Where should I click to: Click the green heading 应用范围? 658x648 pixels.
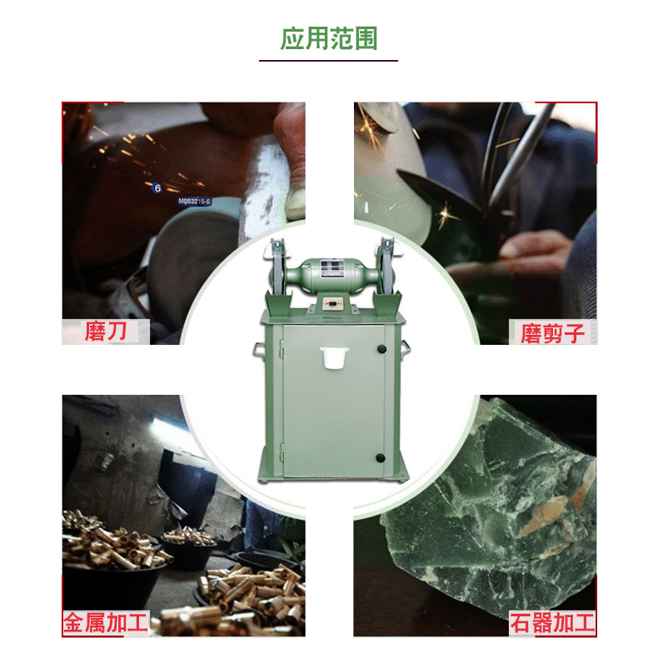[328, 38]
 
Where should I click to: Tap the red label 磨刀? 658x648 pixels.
[106, 331]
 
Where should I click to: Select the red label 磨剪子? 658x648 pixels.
[552, 333]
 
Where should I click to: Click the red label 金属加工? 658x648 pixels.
[106, 623]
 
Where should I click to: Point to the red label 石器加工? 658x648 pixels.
[552, 623]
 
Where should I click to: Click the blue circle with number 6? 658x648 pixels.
[157, 188]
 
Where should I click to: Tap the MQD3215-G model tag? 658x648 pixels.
[194, 202]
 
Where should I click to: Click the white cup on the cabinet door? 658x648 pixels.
[334, 357]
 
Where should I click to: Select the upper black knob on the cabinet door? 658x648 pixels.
[381, 349]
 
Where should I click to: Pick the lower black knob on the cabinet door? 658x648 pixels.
[381, 458]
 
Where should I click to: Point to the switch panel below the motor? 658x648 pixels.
[332, 303]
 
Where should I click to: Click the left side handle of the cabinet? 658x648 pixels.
[258, 350]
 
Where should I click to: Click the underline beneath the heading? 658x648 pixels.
[328, 61]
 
